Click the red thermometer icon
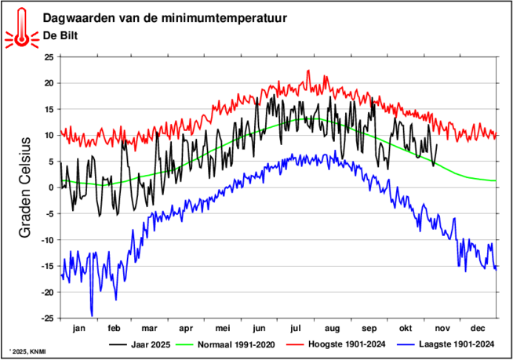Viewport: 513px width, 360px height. coord(21,27)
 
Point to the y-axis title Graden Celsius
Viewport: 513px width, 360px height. coord(24,187)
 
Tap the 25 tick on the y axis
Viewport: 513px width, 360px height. coord(49,57)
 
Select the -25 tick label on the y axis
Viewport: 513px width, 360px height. coord(47,318)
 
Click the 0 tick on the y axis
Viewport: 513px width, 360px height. coord(51,187)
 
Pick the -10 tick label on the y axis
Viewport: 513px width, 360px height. coord(47,240)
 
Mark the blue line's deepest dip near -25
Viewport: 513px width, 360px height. coord(92,315)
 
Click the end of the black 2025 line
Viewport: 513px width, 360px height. coord(437,144)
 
